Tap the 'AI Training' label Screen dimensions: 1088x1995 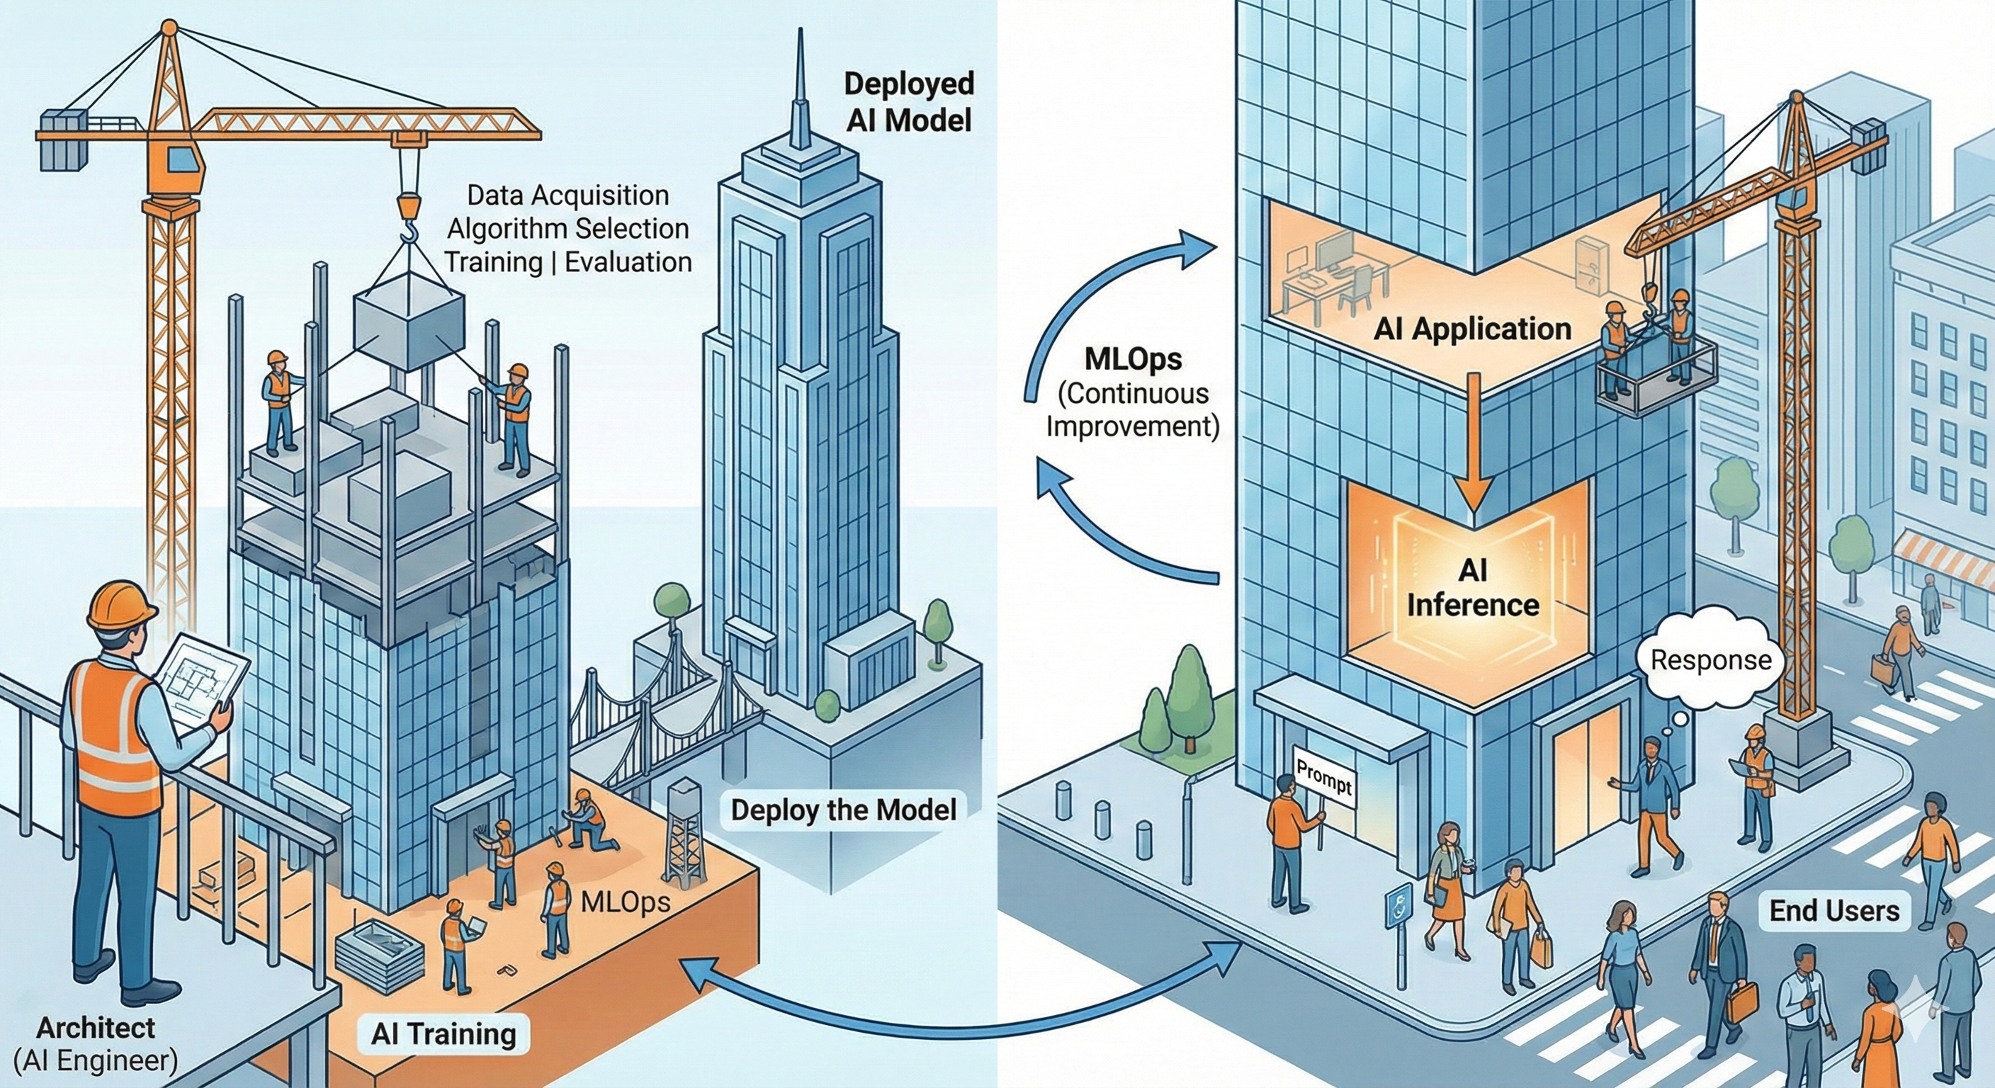tap(443, 1033)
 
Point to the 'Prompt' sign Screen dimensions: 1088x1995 tap(1323, 778)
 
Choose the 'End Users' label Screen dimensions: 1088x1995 tap(1834, 911)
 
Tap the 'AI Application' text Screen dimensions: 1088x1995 tap(1472, 329)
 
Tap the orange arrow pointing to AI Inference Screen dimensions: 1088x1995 tap(1473, 449)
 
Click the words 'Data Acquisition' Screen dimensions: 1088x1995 tap(567, 195)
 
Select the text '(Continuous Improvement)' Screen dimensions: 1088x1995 tap(1132, 409)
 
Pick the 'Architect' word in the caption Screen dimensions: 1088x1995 tap(96, 1028)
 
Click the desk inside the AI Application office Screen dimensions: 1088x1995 tap(1316, 286)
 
